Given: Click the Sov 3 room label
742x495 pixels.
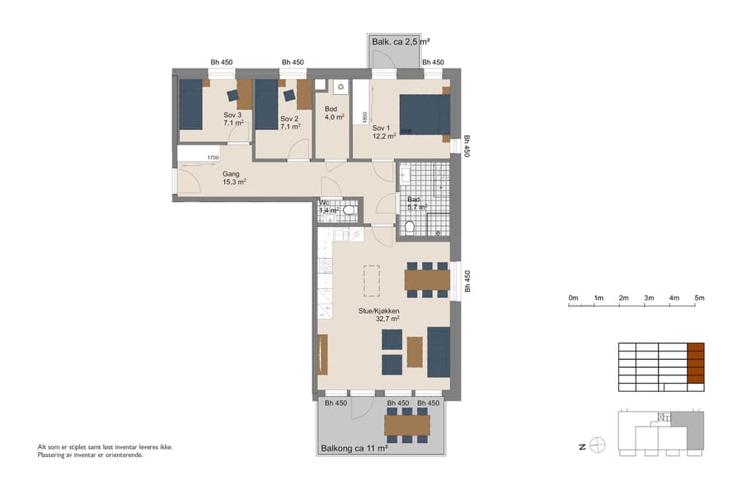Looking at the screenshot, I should (232, 119).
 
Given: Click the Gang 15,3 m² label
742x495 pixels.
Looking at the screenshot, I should (233, 178).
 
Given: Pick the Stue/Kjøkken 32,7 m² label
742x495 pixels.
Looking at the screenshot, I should (378, 314).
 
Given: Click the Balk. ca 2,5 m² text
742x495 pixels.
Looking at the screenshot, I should (400, 40).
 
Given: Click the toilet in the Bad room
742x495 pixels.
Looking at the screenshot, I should (410, 227).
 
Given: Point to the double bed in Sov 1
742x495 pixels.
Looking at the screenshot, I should (425, 114).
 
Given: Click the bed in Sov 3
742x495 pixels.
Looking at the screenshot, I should (191, 105).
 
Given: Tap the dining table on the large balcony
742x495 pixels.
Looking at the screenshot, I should (407, 425).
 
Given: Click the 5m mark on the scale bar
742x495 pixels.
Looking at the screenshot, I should (700, 298).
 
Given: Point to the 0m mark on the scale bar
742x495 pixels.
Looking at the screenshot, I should (573, 298).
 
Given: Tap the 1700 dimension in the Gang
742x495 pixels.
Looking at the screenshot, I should (213, 158).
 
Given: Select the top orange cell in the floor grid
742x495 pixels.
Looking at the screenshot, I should (697, 348).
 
